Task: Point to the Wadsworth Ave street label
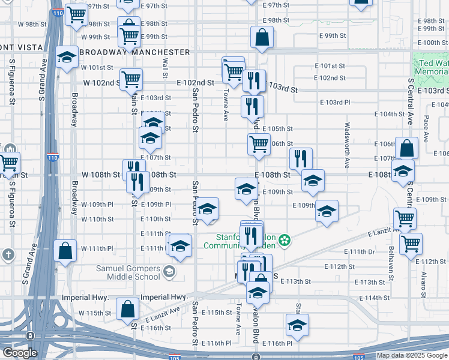click(347, 145)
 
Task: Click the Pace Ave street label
click(426, 128)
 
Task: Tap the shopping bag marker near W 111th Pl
click(65, 250)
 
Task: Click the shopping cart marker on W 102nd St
click(131, 78)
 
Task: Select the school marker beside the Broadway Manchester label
click(67, 56)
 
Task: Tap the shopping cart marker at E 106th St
click(259, 144)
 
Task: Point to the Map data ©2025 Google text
click(411, 356)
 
